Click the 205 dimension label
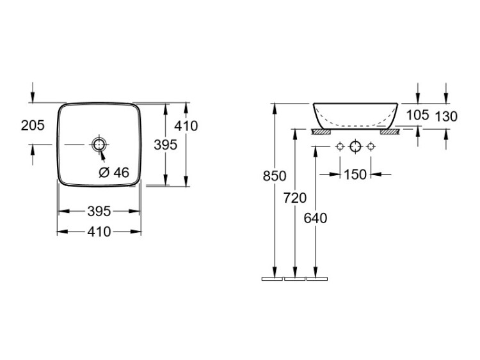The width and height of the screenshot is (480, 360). click(33, 125)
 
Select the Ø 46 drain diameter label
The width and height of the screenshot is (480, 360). click(114, 173)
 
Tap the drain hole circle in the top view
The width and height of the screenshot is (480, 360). click(99, 144)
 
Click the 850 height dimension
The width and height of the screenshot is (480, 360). click(275, 176)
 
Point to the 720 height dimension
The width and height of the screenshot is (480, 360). click(295, 198)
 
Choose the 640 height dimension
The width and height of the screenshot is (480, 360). click(316, 218)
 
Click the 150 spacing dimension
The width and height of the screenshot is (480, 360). click(355, 175)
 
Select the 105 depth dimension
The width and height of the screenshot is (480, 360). click(417, 115)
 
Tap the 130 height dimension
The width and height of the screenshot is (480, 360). click(446, 116)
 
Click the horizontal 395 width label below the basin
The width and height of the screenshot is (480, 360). click(99, 211)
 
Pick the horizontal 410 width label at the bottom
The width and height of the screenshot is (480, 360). click(99, 231)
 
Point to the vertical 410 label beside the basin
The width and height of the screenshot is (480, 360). click(186, 126)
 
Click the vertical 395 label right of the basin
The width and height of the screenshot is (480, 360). click(166, 145)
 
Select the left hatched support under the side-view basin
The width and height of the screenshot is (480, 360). click(321, 132)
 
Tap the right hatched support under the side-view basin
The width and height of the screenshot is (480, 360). click(390, 132)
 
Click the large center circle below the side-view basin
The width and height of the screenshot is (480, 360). click(355, 146)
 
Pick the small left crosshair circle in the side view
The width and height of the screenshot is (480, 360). click(340, 147)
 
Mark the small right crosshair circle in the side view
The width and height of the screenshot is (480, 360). click(371, 147)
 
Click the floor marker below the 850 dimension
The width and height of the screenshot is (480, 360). click(272, 279)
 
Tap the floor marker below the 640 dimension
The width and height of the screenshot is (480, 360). click(317, 279)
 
